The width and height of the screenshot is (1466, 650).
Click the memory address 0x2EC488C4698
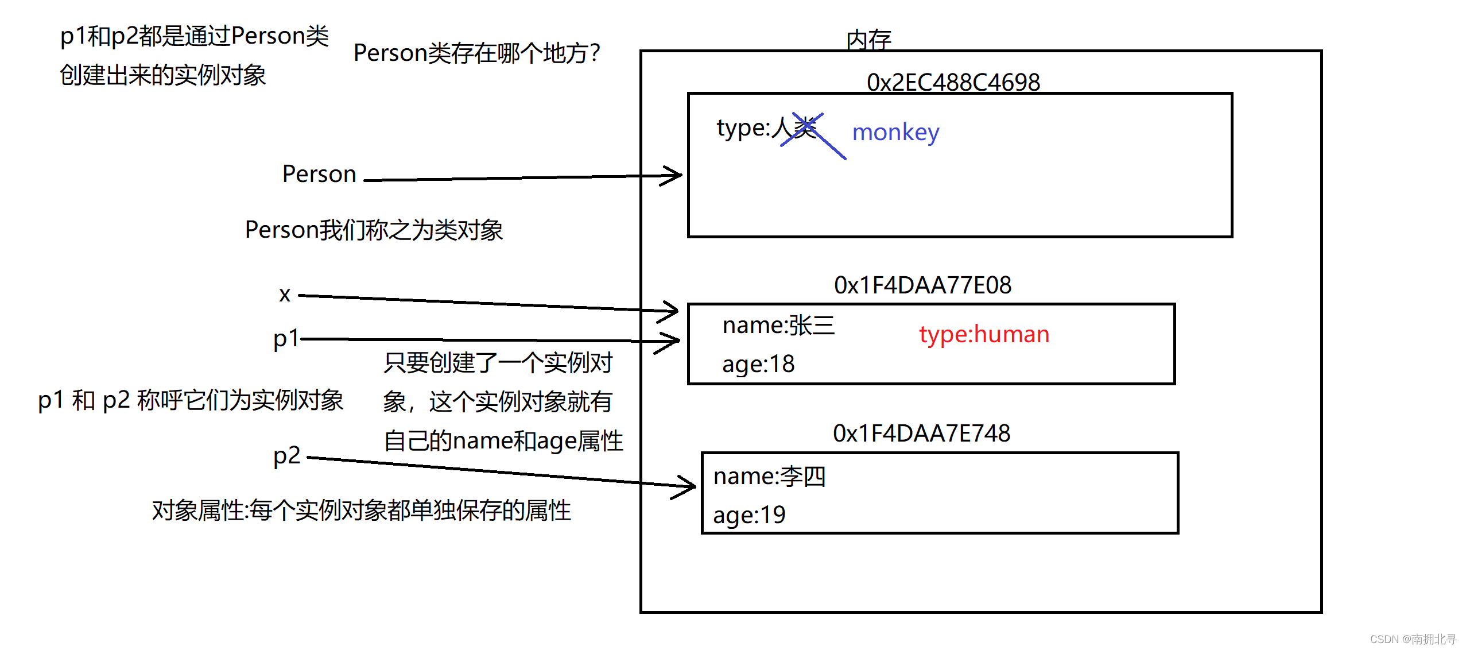pos(953,82)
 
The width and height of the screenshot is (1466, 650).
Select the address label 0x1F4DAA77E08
pos(922,285)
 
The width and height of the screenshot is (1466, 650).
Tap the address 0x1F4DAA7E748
pos(921,433)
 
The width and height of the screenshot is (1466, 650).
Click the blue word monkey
pos(895,133)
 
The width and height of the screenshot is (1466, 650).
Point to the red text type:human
pos(984,334)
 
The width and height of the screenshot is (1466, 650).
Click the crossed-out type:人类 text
pos(767,128)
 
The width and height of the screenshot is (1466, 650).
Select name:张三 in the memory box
pos(778,326)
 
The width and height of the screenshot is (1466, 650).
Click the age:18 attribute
pos(758,364)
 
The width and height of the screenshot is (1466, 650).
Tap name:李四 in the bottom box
pos(769,477)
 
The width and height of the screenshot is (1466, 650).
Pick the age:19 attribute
pos(749,515)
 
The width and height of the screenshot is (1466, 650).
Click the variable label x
pos(285,295)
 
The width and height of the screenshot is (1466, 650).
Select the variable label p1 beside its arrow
pos(286,339)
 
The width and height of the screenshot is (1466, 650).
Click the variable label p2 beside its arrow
pos(286,456)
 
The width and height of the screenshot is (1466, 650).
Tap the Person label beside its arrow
pos(319,174)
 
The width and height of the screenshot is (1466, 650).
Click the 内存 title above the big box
pos(868,40)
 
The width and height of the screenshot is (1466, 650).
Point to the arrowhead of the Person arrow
pos(675,175)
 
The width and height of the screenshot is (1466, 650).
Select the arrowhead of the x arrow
pos(672,311)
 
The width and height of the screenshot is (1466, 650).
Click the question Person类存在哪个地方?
pos(476,53)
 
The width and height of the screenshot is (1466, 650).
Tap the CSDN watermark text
pos(1413,639)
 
